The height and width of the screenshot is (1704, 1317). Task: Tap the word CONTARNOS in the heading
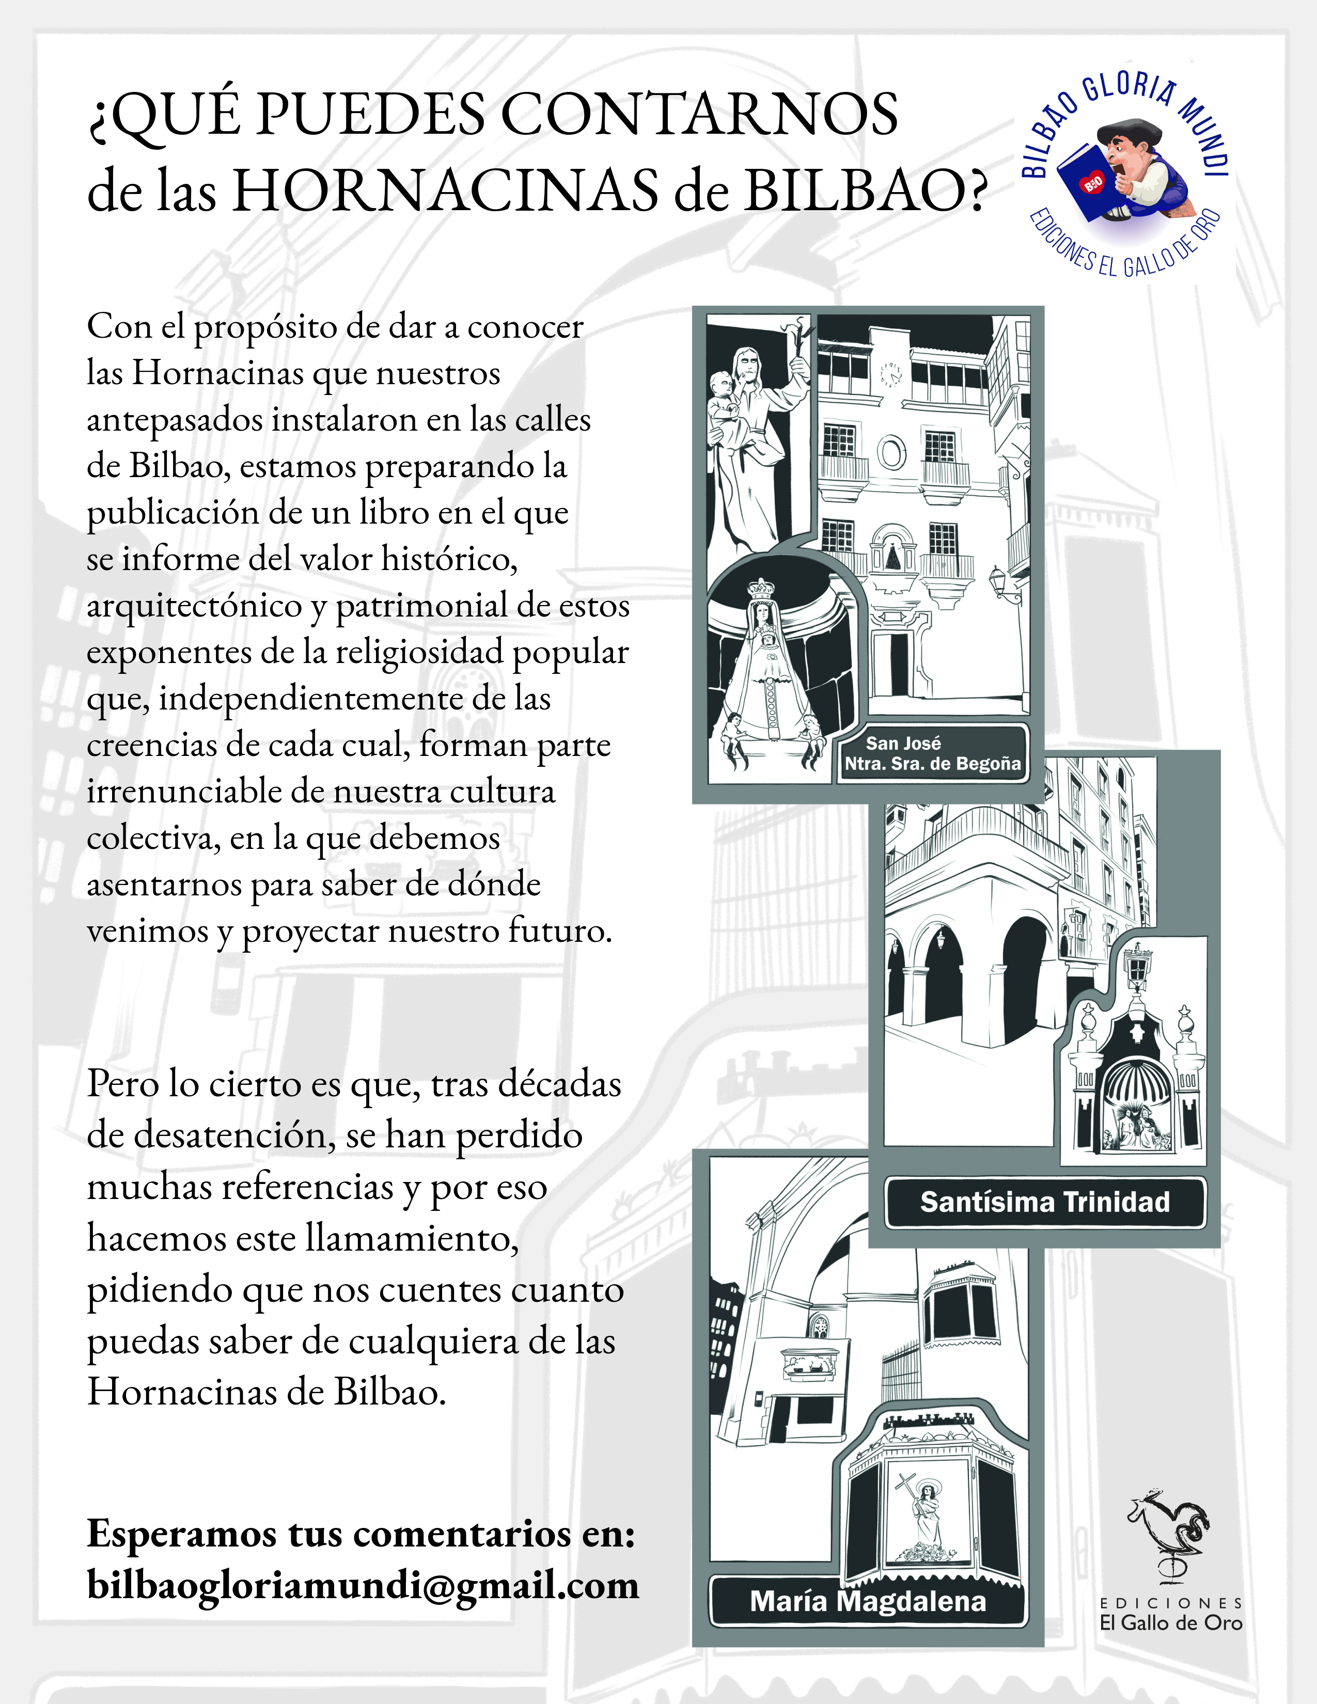click(x=698, y=115)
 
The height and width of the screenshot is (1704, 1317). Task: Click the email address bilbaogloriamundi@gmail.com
click(x=363, y=1584)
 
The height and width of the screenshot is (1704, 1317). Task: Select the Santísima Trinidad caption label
click(x=1045, y=1202)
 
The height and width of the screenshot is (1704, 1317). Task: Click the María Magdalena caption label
click(x=868, y=1601)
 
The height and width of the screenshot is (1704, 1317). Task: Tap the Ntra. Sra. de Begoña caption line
click(x=932, y=764)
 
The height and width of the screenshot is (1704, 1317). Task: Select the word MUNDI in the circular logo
click(x=1205, y=136)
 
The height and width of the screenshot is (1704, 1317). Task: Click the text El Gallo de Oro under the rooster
click(x=1170, y=1623)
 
